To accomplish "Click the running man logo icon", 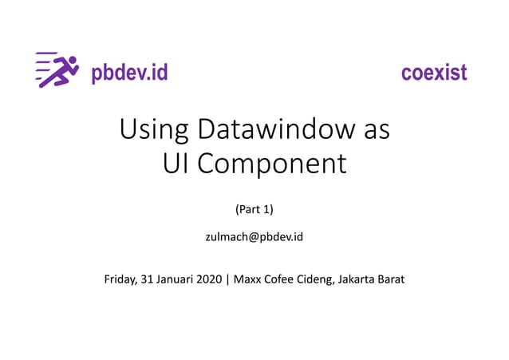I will tap(57, 70).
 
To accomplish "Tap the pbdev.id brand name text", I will tap(129, 73).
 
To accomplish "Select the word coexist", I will tap(434, 73).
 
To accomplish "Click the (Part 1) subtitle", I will tap(254, 210).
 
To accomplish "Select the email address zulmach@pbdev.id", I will tap(254, 237).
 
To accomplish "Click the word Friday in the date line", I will tap(120, 279).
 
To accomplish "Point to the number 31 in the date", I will tap(148, 279).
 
